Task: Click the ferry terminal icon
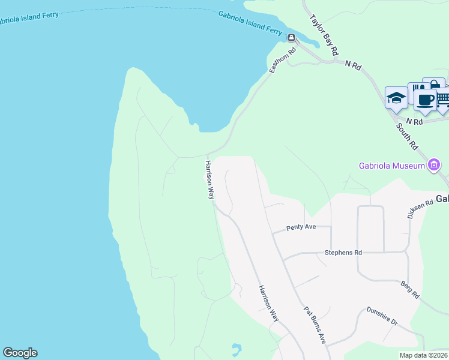pyautogui.click(x=291, y=38)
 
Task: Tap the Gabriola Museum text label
pyautogui.click(x=393, y=166)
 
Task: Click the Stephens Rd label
pyautogui.click(x=343, y=253)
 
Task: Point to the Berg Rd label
pyautogui.click(x=410, y=290)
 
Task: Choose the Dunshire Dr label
pyautogui.click(x=382, y=317)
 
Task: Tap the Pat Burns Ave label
pyautogui.click(x=315, y=325)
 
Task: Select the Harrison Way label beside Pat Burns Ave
pyautogui.click(x=268, y=304)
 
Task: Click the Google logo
pyautogui.click(x=20, y=353)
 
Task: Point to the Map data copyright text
pyautogui.click(x=423, y=355)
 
